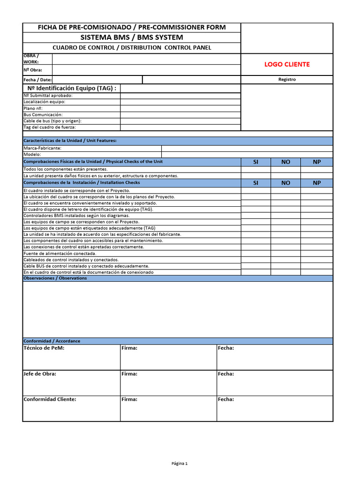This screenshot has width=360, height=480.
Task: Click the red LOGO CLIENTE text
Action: click(x=287, y=65)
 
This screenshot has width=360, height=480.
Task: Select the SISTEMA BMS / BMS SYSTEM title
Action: click(x=132, y=37)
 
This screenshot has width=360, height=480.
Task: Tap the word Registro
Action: click(x=287, y=80)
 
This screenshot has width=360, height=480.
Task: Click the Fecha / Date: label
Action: click(x=37, y=80)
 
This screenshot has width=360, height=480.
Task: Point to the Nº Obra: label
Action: click(x=33, y=70)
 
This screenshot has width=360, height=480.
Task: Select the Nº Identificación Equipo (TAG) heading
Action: click(x=72, y=88)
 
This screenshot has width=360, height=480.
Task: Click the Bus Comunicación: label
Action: click(x=43, y=115)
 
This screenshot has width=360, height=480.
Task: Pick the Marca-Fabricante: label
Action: click(x=42, y=148)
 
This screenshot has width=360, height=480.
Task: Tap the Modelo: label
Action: click(x=32, y=154)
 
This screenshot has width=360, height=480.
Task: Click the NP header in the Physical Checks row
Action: click(x=317, y=162)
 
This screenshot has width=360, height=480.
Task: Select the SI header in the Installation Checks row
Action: click(x=255, y=183)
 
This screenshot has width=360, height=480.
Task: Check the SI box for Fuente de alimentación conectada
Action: click(x=255, y=254)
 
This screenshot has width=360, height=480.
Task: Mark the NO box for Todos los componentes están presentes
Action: click(x=285, y=169)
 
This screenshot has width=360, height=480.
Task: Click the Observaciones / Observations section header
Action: click(x=55, y=278)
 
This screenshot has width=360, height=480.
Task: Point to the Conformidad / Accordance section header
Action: click(x=52, y=341)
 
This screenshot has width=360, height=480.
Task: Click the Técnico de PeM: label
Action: click(x=44, y=348)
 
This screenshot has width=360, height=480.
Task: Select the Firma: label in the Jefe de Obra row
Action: click(x=129, y=374)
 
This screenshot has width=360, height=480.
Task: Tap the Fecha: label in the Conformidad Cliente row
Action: click(x=226, y=399)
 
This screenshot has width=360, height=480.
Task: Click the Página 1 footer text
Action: click(x=180, y=464)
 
